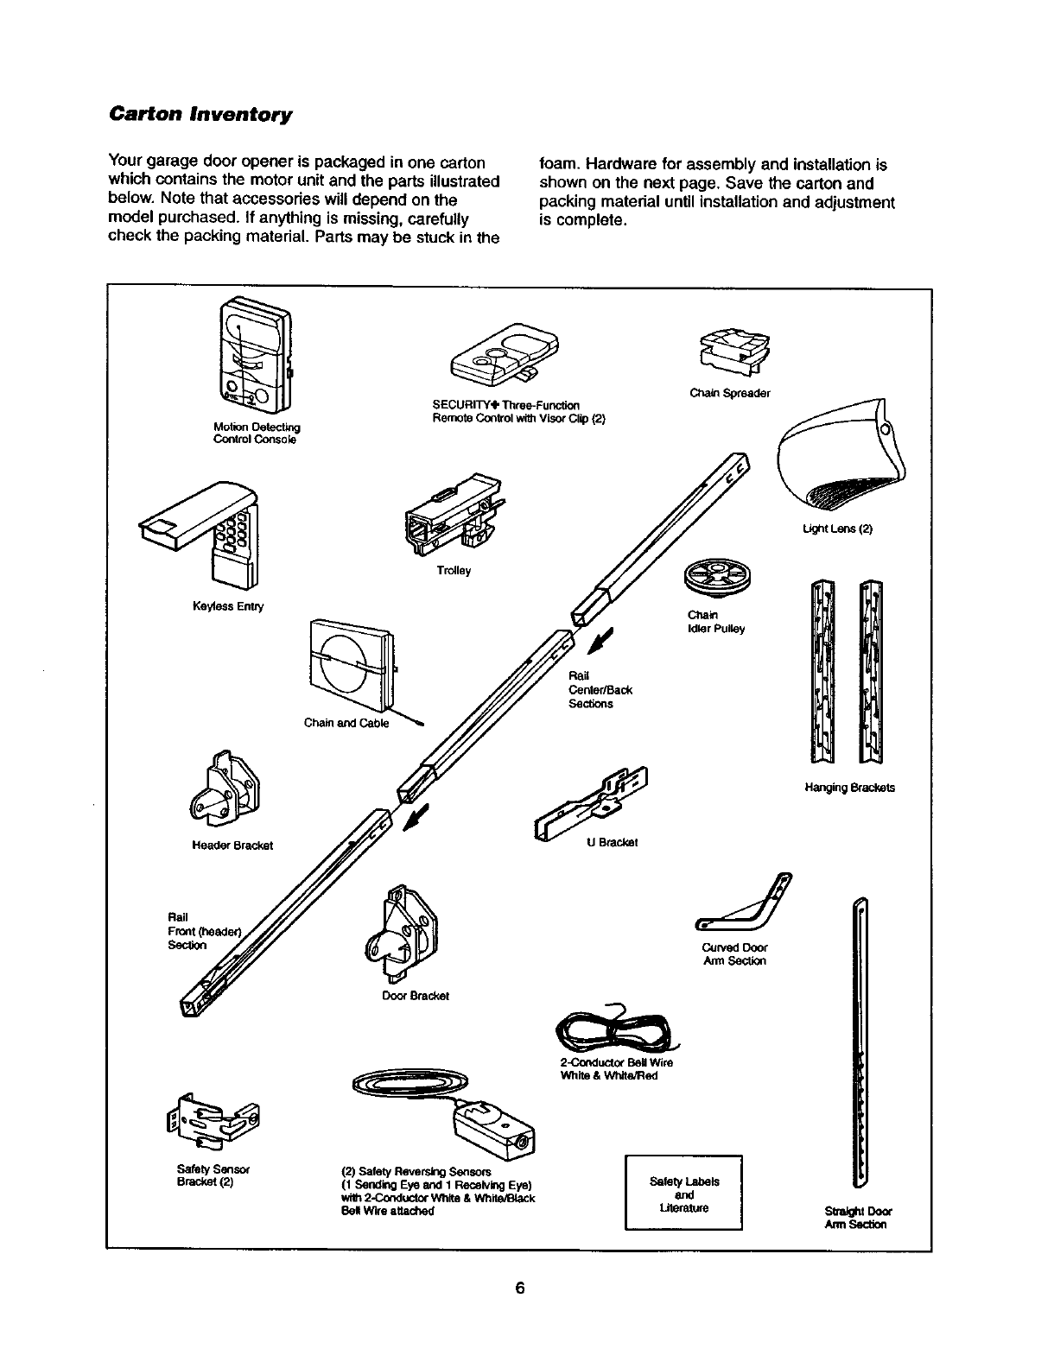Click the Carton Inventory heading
(x=200, y=115)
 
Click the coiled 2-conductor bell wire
(x=615, y=1030)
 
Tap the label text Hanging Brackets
(x=849, y=788)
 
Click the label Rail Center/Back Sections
(x=600, y=689)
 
